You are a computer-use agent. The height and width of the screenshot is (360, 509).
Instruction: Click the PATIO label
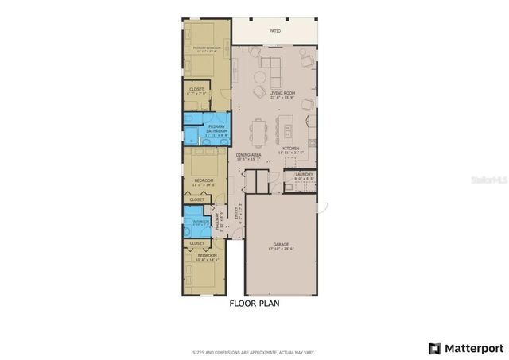[x=275, y=31]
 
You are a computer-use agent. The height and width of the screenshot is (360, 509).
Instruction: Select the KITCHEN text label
[x=290, y=148]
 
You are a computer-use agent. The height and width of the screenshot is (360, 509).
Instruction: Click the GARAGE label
[x=282, y=245]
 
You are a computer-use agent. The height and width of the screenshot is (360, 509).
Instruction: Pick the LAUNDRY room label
[x=304, y=175]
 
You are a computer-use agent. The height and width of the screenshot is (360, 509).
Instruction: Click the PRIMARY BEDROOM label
[x=208, y=48]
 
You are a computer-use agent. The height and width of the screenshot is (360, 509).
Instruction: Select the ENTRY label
[x=236, y=214]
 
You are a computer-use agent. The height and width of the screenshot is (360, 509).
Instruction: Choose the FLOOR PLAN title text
[x=254, y=303]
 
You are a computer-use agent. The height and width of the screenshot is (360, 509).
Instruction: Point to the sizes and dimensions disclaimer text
[x=254, y=351]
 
